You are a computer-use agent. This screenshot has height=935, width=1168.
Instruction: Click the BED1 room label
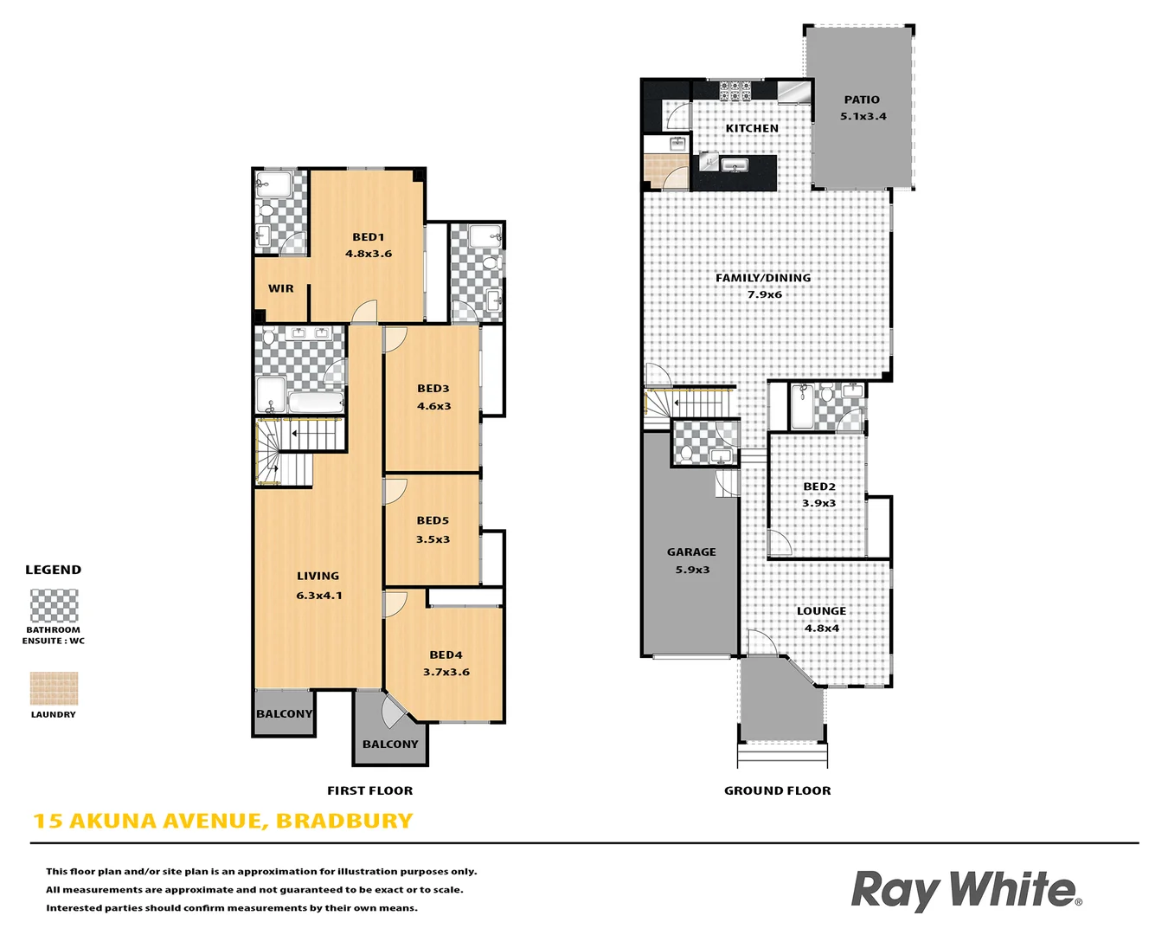point(368,237)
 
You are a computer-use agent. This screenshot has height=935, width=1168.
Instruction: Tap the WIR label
point(280,288)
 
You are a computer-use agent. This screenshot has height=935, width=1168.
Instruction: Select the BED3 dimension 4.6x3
point(433,406)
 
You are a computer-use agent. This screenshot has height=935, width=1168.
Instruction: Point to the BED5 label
point(433,520)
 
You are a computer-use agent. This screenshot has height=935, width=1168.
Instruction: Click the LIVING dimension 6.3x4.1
point(319,596)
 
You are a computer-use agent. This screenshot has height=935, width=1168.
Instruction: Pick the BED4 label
point(446,655)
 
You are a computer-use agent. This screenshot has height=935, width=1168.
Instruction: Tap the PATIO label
point(862,100)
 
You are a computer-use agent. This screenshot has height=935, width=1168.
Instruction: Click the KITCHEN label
point(752,128)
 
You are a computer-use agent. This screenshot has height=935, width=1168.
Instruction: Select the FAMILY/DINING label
point(763,278)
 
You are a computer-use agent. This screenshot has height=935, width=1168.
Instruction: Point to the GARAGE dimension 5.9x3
point(692,570)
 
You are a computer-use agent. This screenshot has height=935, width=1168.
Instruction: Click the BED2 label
point(819,487)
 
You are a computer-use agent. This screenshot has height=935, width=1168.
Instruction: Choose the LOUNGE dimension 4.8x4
point(821,629)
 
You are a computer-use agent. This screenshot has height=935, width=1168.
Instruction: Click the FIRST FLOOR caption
point(369,790)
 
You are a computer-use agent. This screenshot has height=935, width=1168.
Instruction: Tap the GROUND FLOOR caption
point(777,790)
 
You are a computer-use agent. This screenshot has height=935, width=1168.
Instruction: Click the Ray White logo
point(966,890)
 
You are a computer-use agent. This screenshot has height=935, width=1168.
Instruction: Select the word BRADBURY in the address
point(344,821)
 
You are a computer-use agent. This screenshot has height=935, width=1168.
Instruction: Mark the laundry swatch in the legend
point(54,689)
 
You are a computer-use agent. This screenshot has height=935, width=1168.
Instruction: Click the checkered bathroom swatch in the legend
point(54,605)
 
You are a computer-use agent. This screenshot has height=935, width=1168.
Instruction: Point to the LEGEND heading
point(53,570)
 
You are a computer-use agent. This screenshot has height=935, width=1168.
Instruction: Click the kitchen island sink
point(735,165)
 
